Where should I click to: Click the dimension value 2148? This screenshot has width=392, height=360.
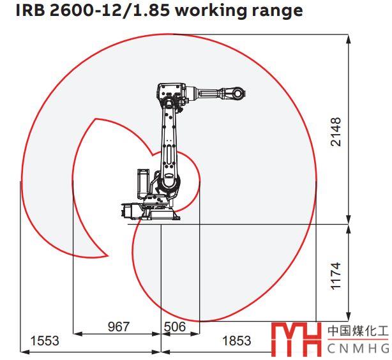[x=336, y=131]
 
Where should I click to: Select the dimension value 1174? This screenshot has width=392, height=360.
[x=336, y=276]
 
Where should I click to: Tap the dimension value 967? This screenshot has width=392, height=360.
[x=119, y=327]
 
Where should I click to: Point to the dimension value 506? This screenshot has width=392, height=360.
[x=175, y=327]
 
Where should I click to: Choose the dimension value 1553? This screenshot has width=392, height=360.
[x=45, y=341]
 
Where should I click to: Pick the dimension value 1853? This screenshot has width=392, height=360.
[x=236, y=341]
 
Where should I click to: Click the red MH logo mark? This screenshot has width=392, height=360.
[x=296, y=339]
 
